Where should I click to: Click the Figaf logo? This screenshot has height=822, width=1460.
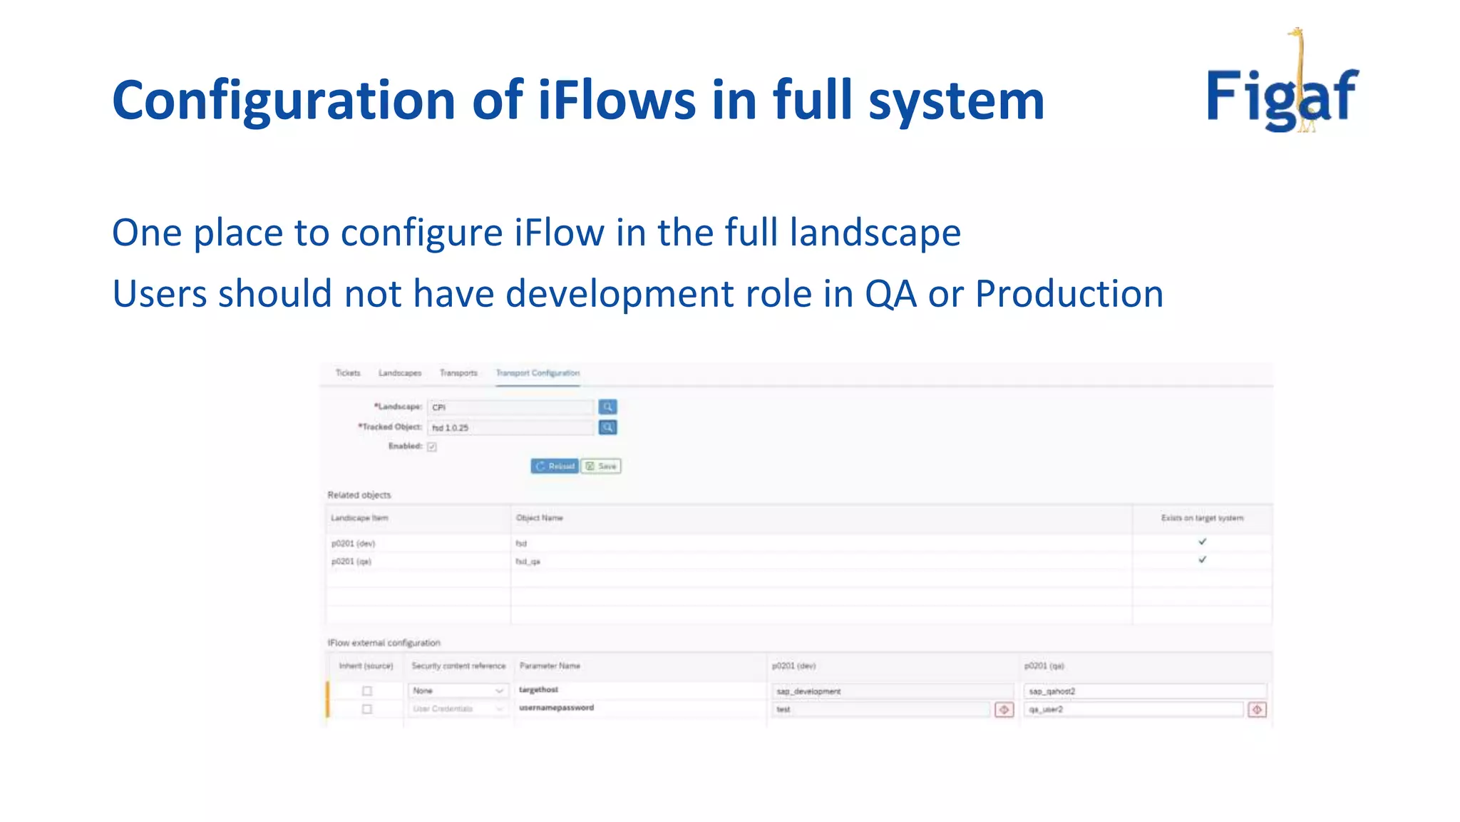click(x=1282, y=93)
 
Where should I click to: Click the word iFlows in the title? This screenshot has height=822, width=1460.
click(x=617, y=100)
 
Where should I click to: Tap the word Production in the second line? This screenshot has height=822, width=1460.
click(x=1069, y=293)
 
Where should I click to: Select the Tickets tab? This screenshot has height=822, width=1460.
click(x=348, y=373)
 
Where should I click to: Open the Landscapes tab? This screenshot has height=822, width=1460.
click(x=400, y=373)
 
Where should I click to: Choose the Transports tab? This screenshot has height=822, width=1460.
click(x=458, y=373)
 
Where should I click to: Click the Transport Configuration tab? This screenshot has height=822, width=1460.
click(x=538, y=373)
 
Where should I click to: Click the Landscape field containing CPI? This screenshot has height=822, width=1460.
click(x=510, y=407)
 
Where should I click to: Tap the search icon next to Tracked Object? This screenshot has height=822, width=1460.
click(x=607, y=427)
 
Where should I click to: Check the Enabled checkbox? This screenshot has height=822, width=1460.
click(x=432, y=447)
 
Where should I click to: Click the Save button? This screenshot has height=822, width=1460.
click(x=601, y=466)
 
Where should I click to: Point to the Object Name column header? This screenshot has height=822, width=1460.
click(x=540, y=518)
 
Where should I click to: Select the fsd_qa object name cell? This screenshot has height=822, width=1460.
click(x=528, y=562)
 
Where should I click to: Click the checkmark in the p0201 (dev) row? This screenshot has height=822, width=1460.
click(x=1202, y=542)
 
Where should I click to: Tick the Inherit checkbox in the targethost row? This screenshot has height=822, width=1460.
click(x=367, y=691)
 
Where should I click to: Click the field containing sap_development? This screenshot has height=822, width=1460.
click(x=892, y=691)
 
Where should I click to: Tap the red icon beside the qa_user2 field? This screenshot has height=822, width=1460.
click(x=1257, y=709)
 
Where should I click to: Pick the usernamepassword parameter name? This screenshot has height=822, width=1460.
click(x=556, y=708)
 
